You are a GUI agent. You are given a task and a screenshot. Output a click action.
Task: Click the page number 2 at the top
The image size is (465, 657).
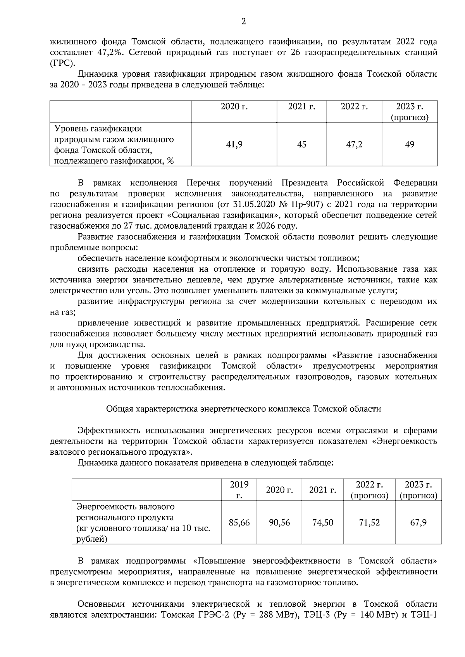(x=243, y=22)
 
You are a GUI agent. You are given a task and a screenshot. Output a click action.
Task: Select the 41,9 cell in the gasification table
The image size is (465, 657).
(x=234, y=145)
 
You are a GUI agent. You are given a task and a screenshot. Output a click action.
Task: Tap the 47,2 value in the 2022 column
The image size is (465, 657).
(x=354, y=145)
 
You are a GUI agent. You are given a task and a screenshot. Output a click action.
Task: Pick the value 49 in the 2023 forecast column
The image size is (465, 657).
(x=410, y=145)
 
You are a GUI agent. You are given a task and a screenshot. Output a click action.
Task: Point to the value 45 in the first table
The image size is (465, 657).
(x=301, y=145)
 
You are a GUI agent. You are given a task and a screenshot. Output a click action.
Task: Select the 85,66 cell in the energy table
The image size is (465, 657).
(x=239, y=523)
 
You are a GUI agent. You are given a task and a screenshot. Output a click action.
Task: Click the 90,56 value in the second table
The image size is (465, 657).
(x=279, y=523)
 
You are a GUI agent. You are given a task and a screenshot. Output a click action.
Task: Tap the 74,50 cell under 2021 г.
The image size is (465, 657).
(x=323, y=523)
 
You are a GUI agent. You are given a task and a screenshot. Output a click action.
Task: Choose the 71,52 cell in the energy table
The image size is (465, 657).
(x=369, y=523)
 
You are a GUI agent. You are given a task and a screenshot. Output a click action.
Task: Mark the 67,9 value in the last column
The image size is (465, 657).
(x=418, y=523)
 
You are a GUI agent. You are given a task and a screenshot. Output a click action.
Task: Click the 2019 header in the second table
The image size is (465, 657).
(x=239, y=490)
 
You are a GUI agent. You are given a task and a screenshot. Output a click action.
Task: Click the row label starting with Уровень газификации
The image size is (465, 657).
(x=98, y=128)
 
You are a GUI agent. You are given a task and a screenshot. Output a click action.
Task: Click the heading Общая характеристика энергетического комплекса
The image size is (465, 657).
(x=243, y=409)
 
